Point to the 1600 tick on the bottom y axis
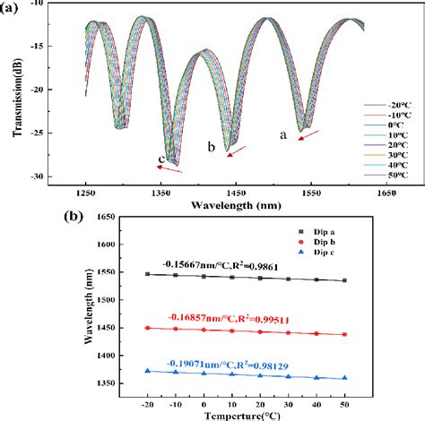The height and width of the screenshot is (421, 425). [x=99, y=245]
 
